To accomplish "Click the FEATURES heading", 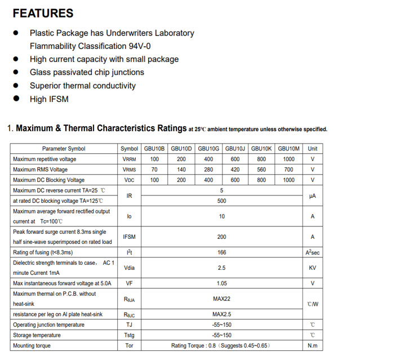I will (43, 14).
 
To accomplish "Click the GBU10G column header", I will (208, 149).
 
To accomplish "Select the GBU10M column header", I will (288, 149).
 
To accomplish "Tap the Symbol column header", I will (129, 149).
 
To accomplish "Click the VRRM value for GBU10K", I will (261, 159).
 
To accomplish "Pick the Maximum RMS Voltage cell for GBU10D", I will (181, 170).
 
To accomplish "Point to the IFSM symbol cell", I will (129, 237).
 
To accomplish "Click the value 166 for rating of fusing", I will (222, 253).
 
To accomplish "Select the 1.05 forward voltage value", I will (222, 283).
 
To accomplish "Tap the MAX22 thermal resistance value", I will (222, 299).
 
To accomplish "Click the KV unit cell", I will (313, 268).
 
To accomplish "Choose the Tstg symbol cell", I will (129, 335).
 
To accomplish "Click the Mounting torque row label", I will (32, 346).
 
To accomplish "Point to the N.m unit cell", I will (313, 346).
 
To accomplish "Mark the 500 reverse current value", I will (222, 201).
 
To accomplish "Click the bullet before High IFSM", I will (16, 99).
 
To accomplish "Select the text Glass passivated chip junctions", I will (87, 72).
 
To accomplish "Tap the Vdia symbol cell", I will (129, 268).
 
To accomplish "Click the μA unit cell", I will (313, 196).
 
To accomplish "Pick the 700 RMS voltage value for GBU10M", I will (288, 170).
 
